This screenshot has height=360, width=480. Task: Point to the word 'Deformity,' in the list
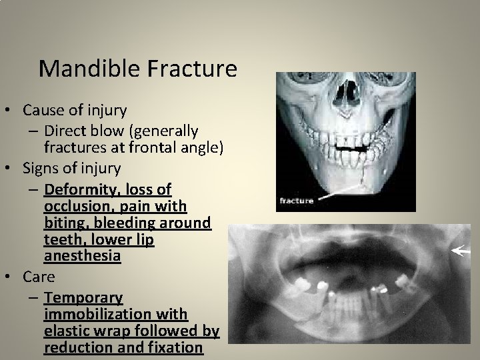coord(78,190)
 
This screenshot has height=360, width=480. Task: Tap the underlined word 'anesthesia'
coord(82,255)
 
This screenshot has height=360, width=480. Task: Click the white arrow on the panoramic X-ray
coord(460,251)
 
